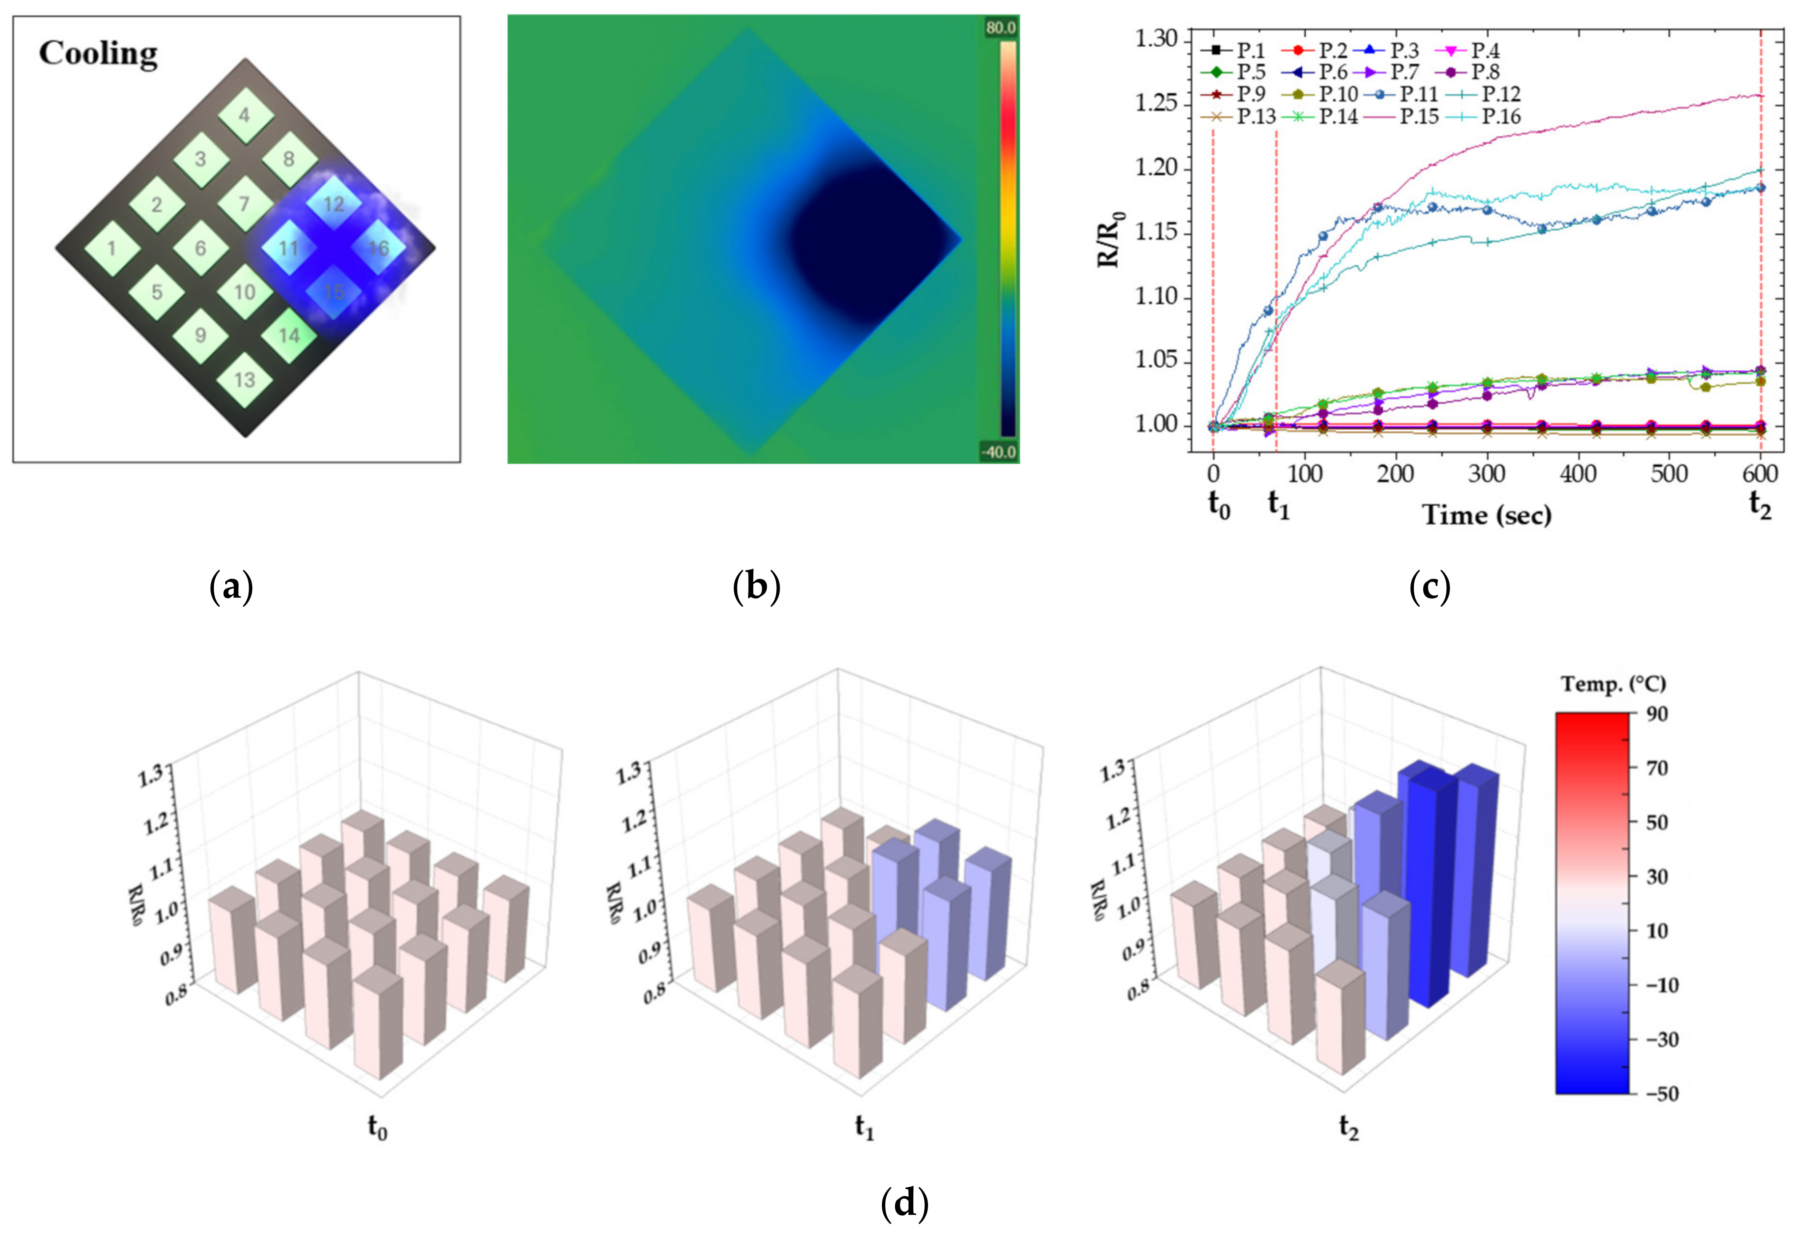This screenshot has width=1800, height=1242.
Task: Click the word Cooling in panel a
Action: [x=98, y=54]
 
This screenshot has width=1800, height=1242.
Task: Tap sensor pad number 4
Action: [x=245, y=115]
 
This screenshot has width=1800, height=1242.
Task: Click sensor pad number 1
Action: [x=112, y=248]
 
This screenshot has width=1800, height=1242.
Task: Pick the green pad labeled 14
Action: [x=289, y=335]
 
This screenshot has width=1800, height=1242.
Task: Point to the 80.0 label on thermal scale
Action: [x=1000, y=28]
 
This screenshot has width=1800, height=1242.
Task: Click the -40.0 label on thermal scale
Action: [x=999, y=452]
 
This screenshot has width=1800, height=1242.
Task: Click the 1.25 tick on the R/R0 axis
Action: [x=1156, y=104]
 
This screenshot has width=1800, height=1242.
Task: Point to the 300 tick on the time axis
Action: [x=1486, y=473]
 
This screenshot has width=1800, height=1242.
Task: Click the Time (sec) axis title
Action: [x=1486, y=515]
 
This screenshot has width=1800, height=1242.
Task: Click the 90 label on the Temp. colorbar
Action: [x=1658, y=713]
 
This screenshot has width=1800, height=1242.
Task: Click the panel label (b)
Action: [x=756, y=586]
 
